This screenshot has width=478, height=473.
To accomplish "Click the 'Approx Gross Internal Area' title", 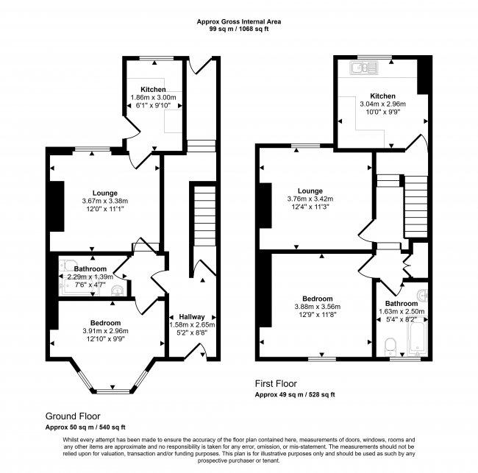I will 238,22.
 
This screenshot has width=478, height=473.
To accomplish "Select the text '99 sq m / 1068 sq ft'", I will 238,29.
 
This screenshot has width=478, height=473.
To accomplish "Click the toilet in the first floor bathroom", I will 390,344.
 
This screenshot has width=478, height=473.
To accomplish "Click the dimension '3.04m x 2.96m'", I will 383,104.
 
